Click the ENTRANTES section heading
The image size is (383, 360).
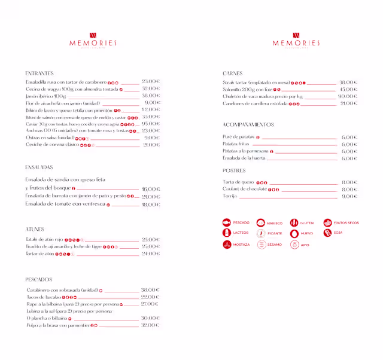[39, 74]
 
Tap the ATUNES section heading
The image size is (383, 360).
[35, 229]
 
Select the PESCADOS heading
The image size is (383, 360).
[39, 279]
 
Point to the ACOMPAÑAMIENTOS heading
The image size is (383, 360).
[248, 125]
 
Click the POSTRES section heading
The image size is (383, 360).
[234, 171]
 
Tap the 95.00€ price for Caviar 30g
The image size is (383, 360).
[151, 124]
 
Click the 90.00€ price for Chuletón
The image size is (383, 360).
[348, 96]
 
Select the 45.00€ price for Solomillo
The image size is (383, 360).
[348, 89]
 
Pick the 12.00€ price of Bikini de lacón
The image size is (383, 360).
[151, 110]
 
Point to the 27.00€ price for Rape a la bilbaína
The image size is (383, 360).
[150, 304]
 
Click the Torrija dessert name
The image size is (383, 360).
[230, 196]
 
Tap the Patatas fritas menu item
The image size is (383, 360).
[236, 144]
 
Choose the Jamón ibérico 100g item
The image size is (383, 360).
[46, 96]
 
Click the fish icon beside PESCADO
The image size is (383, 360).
[226, 223]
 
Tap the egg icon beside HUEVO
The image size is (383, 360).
[294, 234]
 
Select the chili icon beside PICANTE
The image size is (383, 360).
[260, 234]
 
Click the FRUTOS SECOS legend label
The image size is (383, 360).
[346, 223]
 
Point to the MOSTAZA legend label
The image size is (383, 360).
[242, 245]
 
